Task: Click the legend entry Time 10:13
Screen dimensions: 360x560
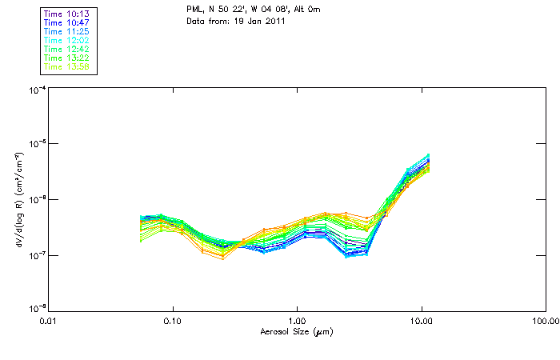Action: coord(66,13)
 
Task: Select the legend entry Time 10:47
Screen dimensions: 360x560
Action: coord(66,22)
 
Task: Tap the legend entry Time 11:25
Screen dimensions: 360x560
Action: coord(66,30)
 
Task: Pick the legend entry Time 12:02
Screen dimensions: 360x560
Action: coord(66,39)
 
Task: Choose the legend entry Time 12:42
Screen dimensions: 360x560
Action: coord(66,49)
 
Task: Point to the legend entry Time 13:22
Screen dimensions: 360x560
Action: coord(66,58)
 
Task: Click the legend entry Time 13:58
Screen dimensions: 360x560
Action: coord(66,66)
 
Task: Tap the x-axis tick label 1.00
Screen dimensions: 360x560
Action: coord(297,321)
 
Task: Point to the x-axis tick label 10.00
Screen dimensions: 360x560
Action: coord(421,321)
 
